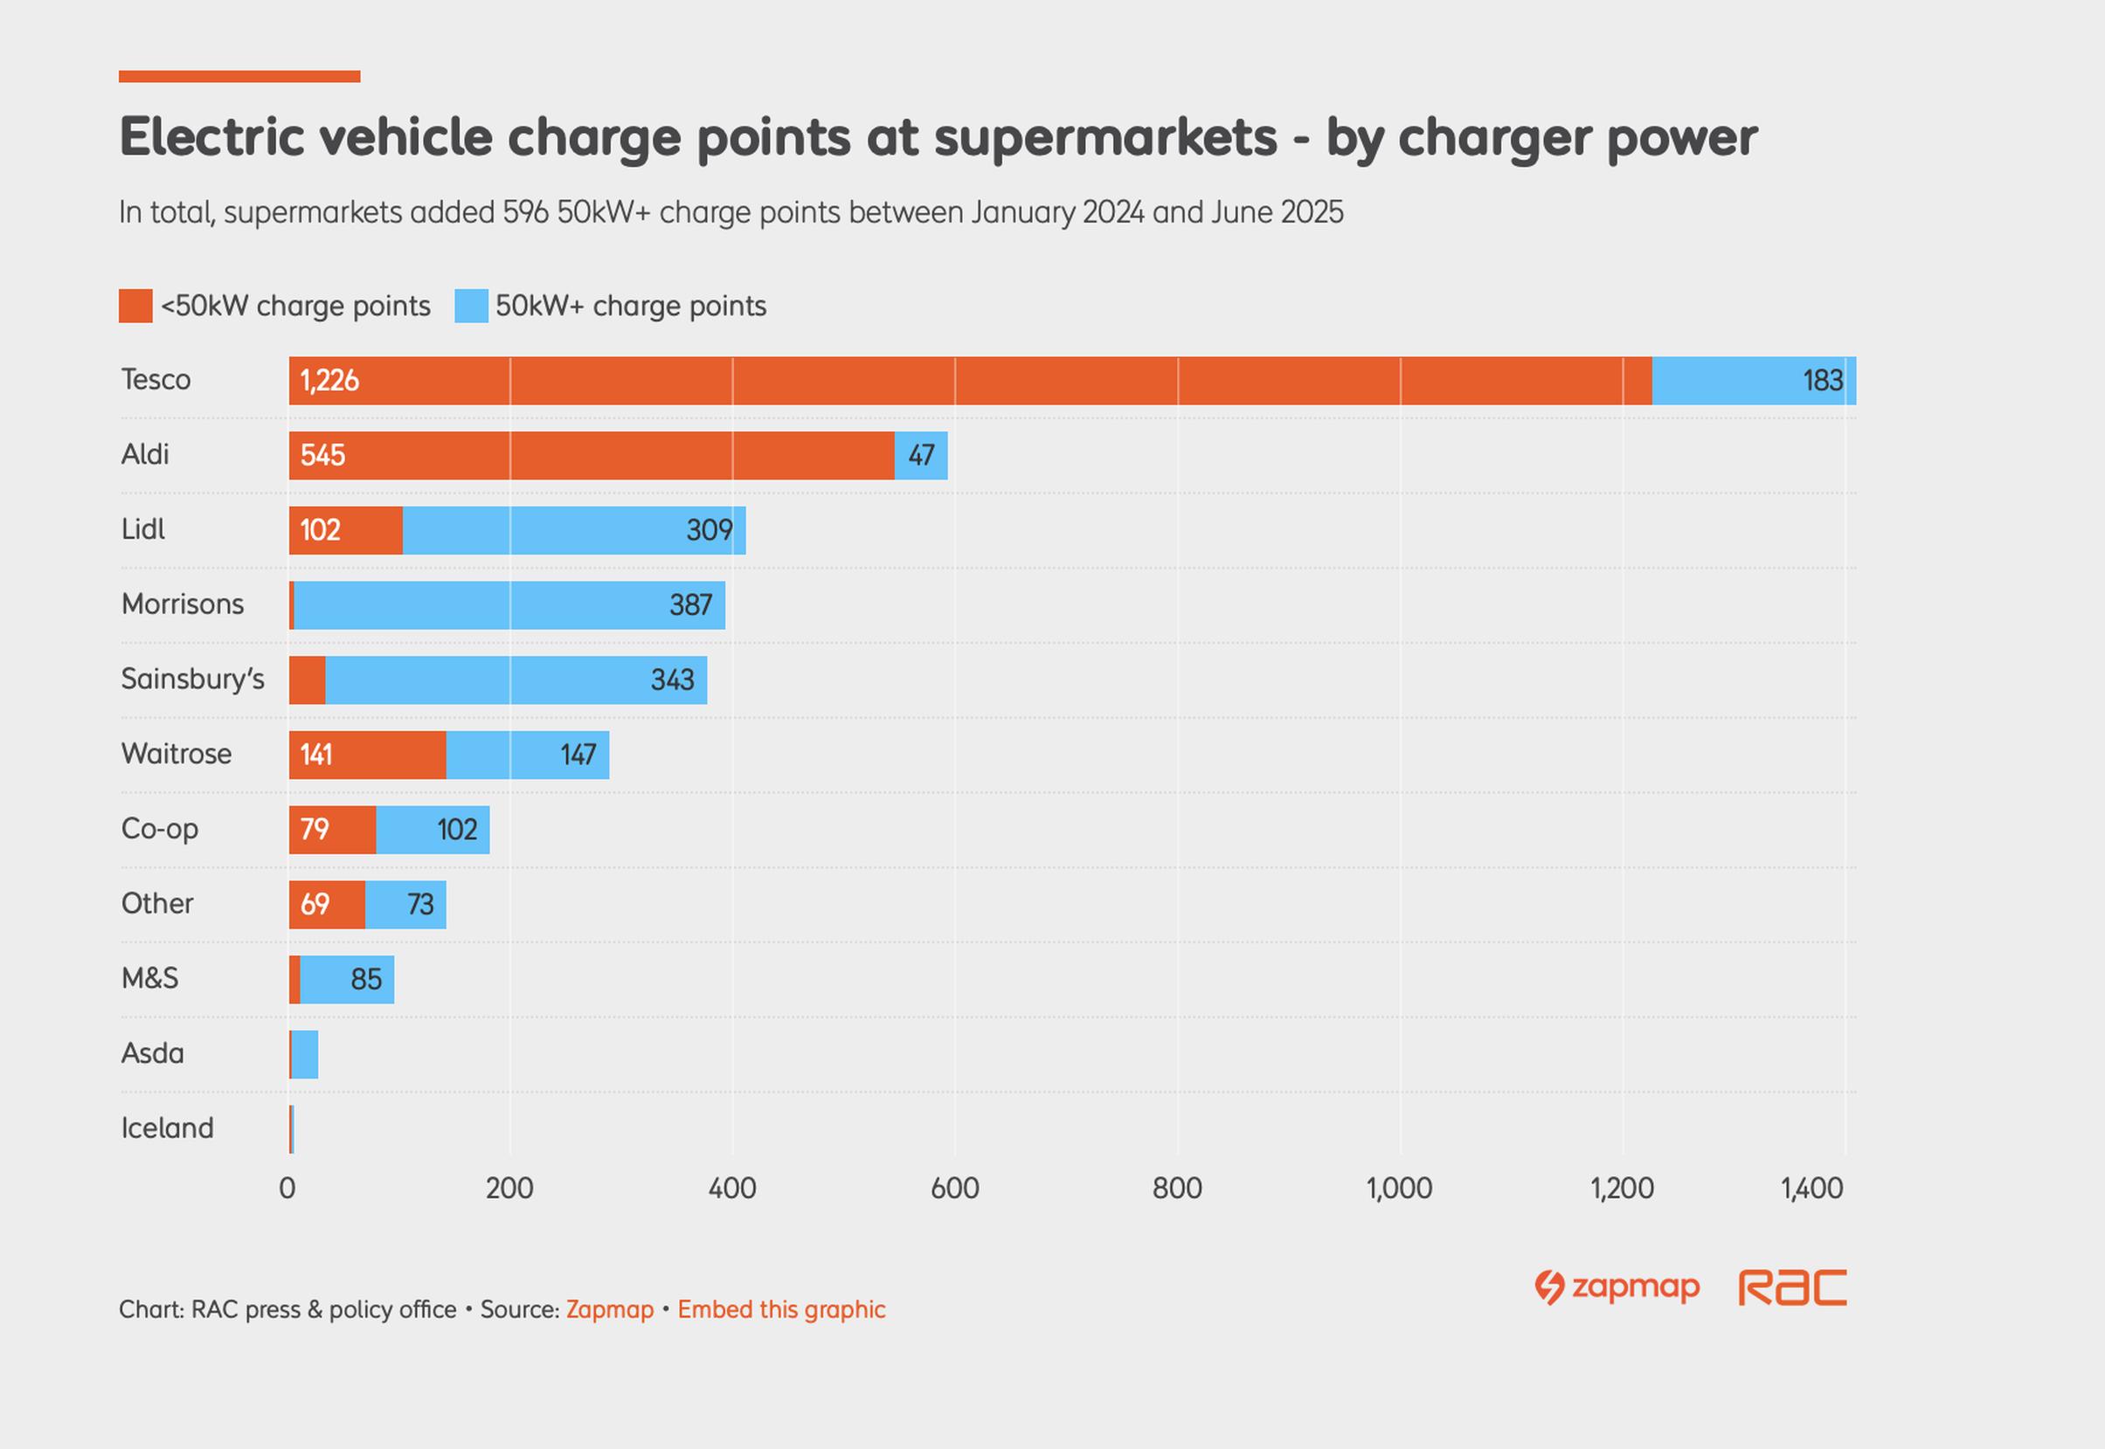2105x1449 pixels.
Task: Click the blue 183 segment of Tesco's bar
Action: pyautogui.click(x=1753, y=381)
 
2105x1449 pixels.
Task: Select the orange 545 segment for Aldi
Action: pyautogui.click(x=592, y=455)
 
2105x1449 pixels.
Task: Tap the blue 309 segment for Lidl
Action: pyautogui.click(x=573, y=530)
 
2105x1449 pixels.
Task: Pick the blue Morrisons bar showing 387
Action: pyautogui.click(x=509, y=604)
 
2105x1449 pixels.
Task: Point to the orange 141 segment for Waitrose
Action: pyautogui.click(x=367, y=755)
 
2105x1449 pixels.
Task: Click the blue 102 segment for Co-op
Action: pyautogui.click(x=433, y=830)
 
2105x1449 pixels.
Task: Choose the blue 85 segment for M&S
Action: pyautogui.click(x=347, y=980)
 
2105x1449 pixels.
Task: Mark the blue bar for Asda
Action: pyautogui.click(x=305, y=1054)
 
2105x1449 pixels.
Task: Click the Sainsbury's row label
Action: pyautogui.click(x=192, y=680)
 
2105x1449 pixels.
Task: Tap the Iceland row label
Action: pyautogui.click(x=168, y=1128)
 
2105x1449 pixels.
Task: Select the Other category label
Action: pyautogui.click(x=157, y=903)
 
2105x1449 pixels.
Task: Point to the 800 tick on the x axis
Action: pyautogui.click(x=1177, y=1189)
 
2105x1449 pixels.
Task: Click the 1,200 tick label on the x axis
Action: pyautogui.click(x=1622, y=1189)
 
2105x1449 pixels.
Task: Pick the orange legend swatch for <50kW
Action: pyautogui.click(x=135, y=306)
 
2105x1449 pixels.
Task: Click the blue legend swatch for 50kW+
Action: pyautogui.click(x=471, y=306)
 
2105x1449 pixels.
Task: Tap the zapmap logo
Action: pyautogui.click(x=1617, y=1287)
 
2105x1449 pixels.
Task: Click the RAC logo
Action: pyautogui.click(x=1792, y=1287)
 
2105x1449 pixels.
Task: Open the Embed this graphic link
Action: pyautogui.click(x=781, y=1309)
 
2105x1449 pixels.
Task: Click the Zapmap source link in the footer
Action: pyautogui.click(x=609, y=1309)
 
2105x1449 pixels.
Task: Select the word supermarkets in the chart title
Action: pyautogui.click(x=1105, y=138)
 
